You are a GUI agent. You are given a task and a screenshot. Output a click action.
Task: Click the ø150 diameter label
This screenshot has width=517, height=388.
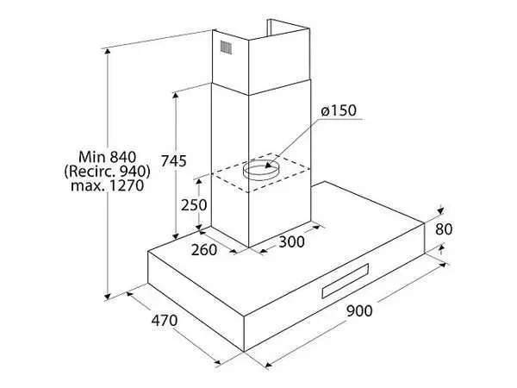(x=339, y=111)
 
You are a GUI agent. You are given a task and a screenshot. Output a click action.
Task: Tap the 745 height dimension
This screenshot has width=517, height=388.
(x=174, y=161)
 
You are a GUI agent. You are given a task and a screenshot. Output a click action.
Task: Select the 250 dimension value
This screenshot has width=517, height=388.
(x=194, y=205)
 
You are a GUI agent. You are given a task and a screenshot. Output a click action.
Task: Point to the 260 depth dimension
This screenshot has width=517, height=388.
(x=204, y=250)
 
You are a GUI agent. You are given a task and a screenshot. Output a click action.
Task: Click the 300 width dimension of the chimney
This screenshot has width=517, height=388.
(x=291, y=241)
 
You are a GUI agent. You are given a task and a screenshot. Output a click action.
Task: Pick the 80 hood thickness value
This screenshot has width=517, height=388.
(x=444, y=229)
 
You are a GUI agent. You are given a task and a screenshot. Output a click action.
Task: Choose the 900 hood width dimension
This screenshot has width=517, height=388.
(x=359, y=310)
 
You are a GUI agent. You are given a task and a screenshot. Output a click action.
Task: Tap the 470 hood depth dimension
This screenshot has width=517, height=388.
(x=165, y=321)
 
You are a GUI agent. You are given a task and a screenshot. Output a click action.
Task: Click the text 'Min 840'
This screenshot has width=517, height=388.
(x=108, y=157)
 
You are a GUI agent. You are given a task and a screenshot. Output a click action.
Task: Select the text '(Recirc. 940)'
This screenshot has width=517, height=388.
(x=108, y=172)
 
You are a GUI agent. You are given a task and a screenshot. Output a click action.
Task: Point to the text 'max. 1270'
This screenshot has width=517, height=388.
(x=108, y=185)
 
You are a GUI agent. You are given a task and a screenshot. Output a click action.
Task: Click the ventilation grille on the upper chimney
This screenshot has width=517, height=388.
(x=226, y=47)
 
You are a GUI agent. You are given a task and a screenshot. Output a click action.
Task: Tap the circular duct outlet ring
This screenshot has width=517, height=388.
(x=261, y=169)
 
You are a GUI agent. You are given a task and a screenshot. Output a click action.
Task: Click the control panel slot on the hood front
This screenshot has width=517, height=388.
(x=345, y=281)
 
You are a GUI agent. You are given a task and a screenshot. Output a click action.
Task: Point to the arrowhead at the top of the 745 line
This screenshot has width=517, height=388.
(x=176, y=92)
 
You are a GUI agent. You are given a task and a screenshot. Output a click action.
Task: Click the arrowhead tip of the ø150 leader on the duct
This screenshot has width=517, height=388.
(x=265, y=167)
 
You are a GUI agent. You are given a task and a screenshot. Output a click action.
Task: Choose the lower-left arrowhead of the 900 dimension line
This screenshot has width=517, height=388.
(x=265, y=366)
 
